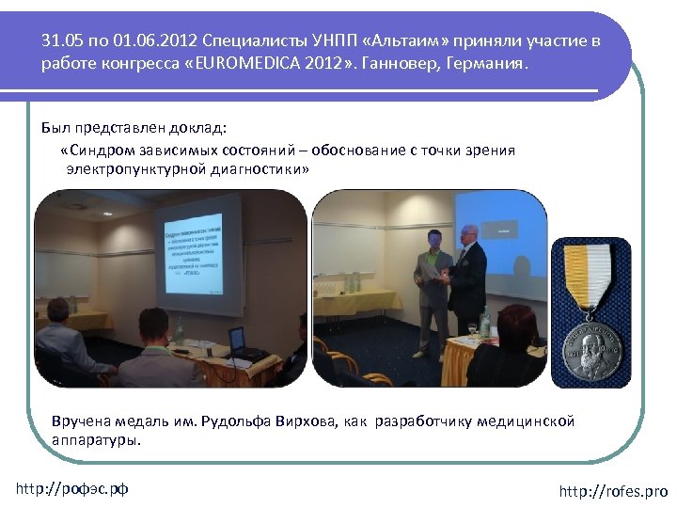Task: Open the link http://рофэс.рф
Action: point(72,488)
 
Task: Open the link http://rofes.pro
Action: point(612,491)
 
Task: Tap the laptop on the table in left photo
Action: point(237,341)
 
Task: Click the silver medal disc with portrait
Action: point(591,348)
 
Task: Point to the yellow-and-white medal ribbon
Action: point(591,271)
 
